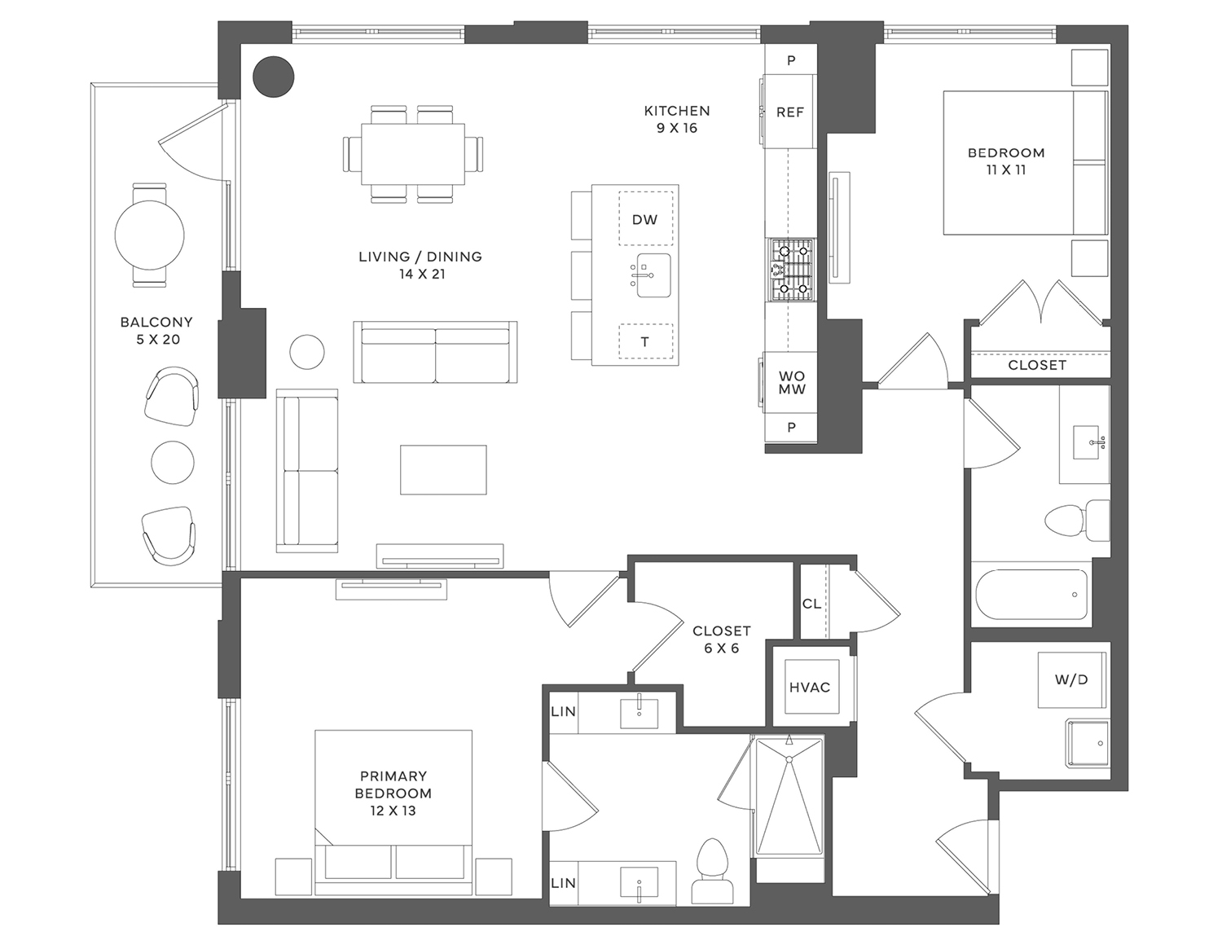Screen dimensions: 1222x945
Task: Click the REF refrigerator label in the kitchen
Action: (x=789, y=112)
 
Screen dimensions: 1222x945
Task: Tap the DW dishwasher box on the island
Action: (x=645, y=218)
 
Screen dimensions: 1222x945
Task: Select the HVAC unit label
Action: (x=809, y=687)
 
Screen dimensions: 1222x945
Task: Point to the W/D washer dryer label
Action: (x=1070, y=679)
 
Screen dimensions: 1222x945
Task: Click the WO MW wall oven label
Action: (x=791, y=382)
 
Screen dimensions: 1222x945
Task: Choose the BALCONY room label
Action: (x=156, y=322)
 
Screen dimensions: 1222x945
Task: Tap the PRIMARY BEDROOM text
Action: (x=393, y=785)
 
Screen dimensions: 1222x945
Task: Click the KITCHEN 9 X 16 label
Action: (x=677, y=119)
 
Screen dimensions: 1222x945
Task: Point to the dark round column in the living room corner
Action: (x=273, y=77)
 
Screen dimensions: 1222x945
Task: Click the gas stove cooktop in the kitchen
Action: (x=790, y=270)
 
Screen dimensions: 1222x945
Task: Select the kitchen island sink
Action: (x=653, y=275)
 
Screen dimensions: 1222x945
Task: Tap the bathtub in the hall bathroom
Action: (x=1031, y=595)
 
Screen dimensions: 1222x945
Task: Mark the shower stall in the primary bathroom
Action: (x=789, y=798)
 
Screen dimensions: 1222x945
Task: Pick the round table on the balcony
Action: (x=150, y=235)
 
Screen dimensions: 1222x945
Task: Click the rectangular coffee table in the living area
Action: (x=443, y=470)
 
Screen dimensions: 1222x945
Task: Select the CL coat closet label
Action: (x=811, y=604)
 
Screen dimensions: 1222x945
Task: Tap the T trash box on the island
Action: (x=645, y=341)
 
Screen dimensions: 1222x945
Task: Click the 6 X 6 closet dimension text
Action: (x=722, y=648)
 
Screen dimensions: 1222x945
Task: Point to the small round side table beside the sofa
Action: (x=307, y=352)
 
